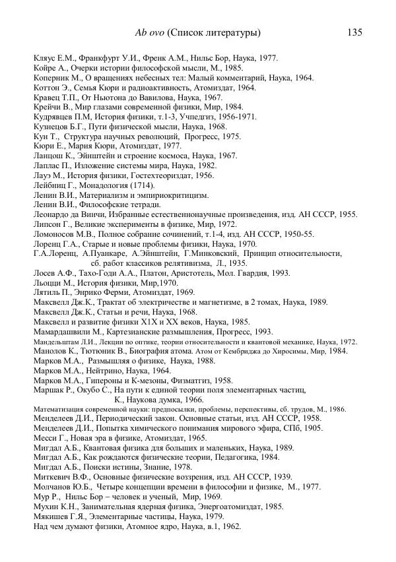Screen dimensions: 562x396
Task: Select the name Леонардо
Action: [52, 215]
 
